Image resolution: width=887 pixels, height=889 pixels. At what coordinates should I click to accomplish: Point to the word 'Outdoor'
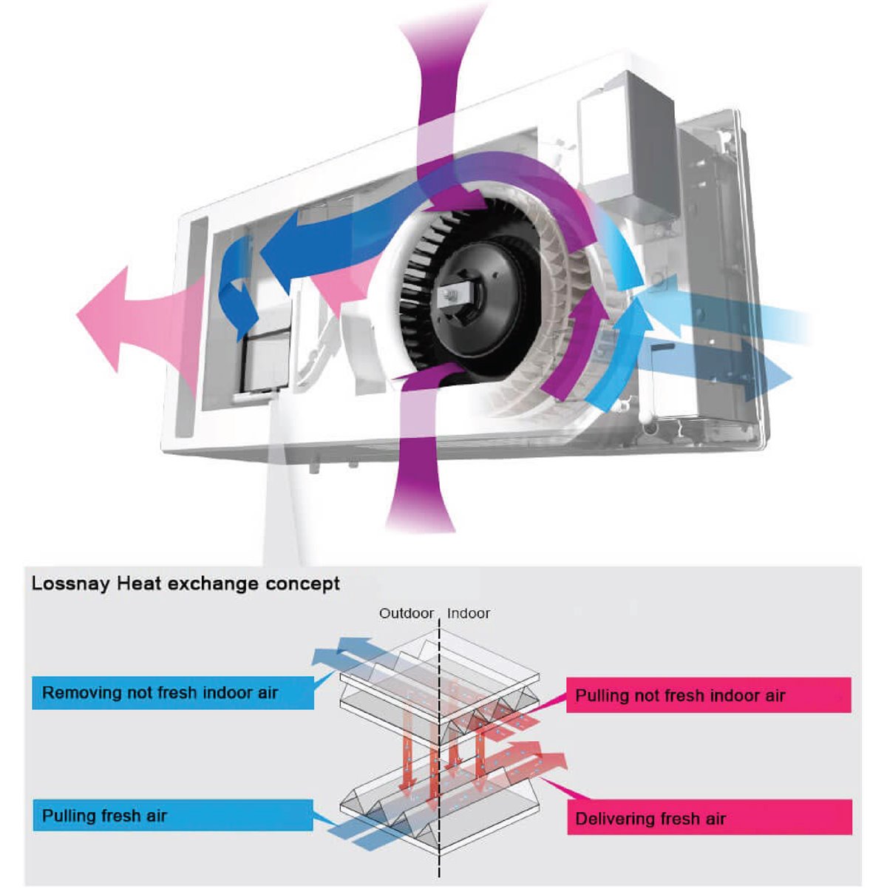pos(406,613)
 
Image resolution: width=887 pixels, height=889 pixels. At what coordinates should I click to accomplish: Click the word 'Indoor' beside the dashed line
pos(469,613)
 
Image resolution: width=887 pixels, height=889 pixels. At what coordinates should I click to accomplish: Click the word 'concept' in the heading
pos(303,584)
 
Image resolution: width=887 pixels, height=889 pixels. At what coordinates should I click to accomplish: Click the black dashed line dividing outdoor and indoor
pos(441,740)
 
